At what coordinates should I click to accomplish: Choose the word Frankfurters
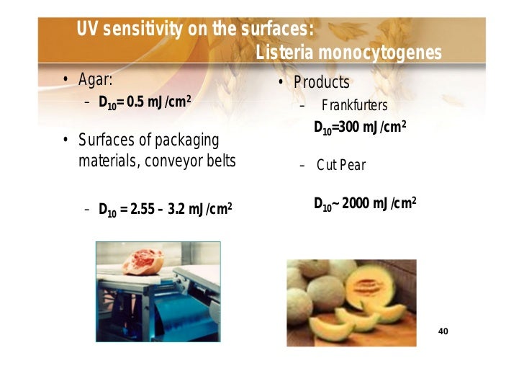point(355,106)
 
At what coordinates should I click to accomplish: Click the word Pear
point(353,166)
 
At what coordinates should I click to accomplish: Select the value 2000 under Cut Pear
point(358,204)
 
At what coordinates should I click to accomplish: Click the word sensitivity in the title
point(143,30)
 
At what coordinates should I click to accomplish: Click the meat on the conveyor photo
point(143,261)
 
